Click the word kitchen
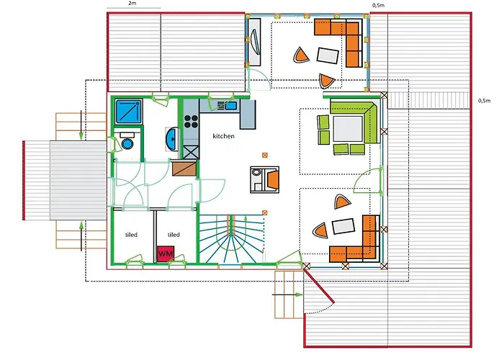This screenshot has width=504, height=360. click(x=224, y=136)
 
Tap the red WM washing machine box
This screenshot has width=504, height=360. click(x=166, y=254)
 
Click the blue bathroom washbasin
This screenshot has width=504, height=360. click(x=173, y=138)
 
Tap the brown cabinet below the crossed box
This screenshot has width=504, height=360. click(x=184, y=168)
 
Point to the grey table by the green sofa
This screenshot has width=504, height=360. click(x=346, y=128)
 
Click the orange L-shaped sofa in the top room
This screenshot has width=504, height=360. click(x=344, y=37)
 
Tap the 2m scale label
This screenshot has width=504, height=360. click(x=132, y=4)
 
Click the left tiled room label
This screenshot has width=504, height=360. click(x=131, y=235)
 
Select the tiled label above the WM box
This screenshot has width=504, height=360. click(x=174, y=235)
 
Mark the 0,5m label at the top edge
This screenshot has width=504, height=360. click(x=377, y=5)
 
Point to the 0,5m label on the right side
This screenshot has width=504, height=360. click(x=485, y=101)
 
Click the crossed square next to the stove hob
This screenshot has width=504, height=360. click(x=191, y=151)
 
